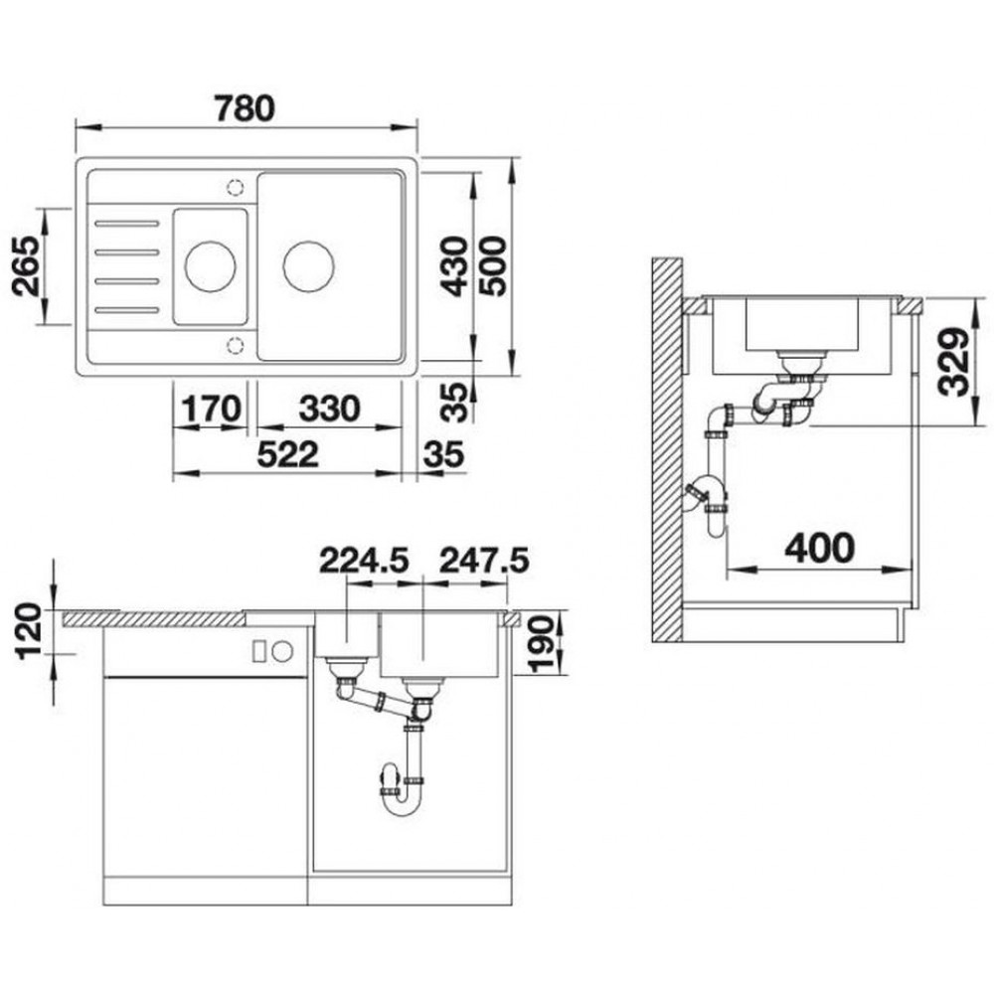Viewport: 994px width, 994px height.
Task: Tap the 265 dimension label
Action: [x=28, y=266]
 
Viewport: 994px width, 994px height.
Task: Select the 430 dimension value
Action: [x=455, y=266]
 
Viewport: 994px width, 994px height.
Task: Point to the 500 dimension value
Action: [x=493, y=266]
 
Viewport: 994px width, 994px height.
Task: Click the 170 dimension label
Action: [x=212, y=409]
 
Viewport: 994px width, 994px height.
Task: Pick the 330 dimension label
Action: [x=330, y=409]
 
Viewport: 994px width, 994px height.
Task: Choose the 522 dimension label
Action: [x=287, y=454]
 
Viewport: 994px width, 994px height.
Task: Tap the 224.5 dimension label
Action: [x=364, y=561]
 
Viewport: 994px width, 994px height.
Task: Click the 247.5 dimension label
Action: [x=484, y=561]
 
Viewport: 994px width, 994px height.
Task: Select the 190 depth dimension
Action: [x=541, y=644]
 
